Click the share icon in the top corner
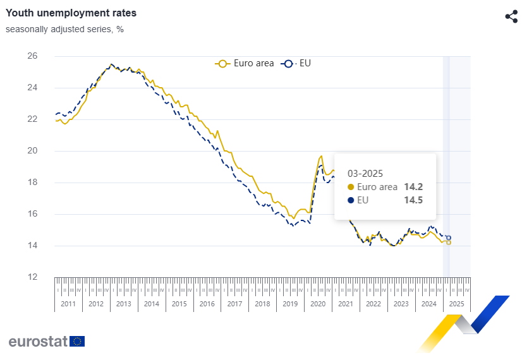pyautogui.click(x=511, y=17)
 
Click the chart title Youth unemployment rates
pyautogui.click(x=71, y=13)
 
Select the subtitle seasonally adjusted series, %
pyautogui.click(x=64, y=29)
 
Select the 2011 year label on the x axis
pyautogui.click(x=68, y=304)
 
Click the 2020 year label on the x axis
pyautogui.click(x=318, y=304)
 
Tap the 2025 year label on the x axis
pyautogui.click(x=456, y=304)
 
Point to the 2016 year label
pyautogui.click(x=207, y=304)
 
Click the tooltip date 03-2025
pyautogui.click(x=366, y=172)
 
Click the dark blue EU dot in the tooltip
pyautogui.click(x=351, y=201)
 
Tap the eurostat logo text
pyautogui.click(x=37, y=342)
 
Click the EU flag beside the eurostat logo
pyautogui.click(x=77, y=342)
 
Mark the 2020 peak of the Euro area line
pyautogui.click(x=321, y=156)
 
